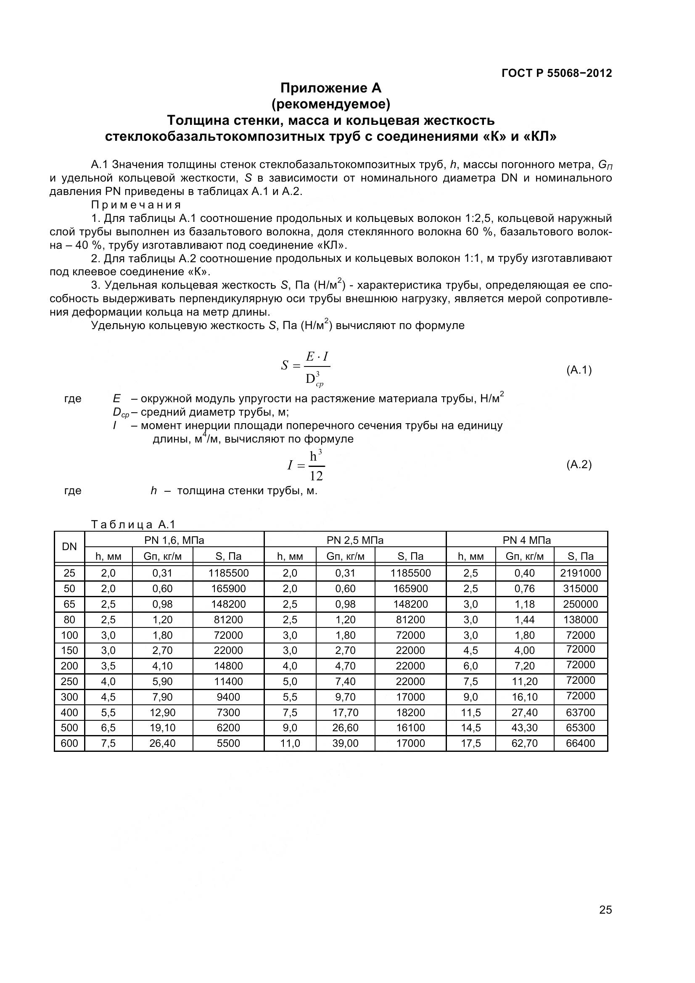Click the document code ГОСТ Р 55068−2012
tap(557, 73)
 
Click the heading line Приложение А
tap(330, 88)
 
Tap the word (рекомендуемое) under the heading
tap(330, 104)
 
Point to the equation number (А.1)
tap(579, 370)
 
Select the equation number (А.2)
tap(579, 464)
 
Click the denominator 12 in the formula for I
tap(316, 476)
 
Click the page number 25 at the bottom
tap(605, 922)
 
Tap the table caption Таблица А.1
tap(133, 524)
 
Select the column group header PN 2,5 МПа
tap(355, 540)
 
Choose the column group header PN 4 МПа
tap(527, 540)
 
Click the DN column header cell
tap(69, 547)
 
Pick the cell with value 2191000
tap(580, 573)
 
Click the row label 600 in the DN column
tap(69, 743)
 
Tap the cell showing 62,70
tap(525, 743)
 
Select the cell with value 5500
tap(228, 743)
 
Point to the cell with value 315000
tap(580, 589)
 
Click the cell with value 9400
tap(228, 697)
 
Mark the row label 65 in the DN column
tap(69, 604)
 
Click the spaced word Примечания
tap(136, 205)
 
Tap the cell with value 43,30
tap(525, 728)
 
